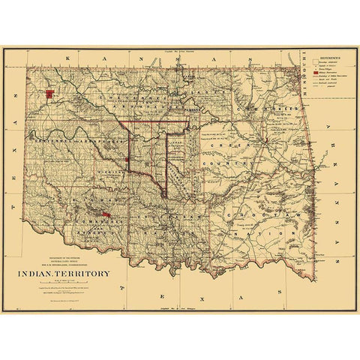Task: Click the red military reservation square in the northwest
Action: click(x=49, y=94)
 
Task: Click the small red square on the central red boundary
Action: click(x=129, y=160)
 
